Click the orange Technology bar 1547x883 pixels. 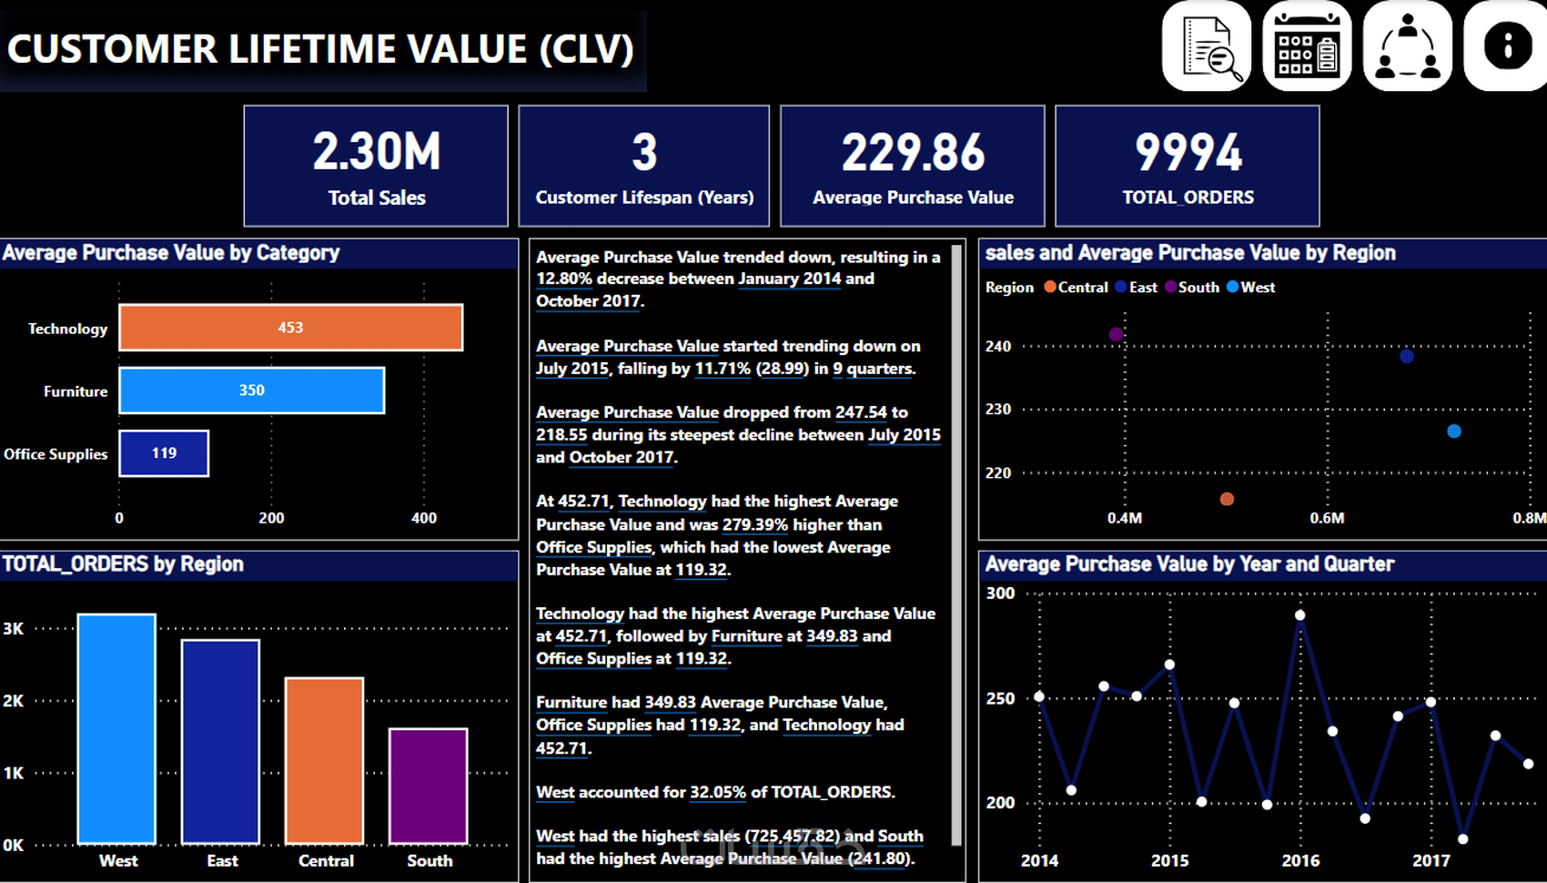click(x=290, y=328)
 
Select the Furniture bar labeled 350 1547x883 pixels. click(x=251, y=391)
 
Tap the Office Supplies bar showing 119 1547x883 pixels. click(x=164, y=453)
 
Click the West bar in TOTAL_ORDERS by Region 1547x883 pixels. click(x=116, y=728)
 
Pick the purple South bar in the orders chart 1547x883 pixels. click(x=428, y=786)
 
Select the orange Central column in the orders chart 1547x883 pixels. click(x=324, y=760)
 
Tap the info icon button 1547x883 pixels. click(x=1507, y=46)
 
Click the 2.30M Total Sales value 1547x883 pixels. click(x=377, y=152)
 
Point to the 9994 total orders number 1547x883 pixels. click(x=1188, y=153)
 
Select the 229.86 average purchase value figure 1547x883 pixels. click(x=913, y=153)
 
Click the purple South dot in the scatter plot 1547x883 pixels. click(x=1117, y=334)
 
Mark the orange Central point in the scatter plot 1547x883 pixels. click(x=1227, y=499)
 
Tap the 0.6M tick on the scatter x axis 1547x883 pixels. click(x=1327, y=518)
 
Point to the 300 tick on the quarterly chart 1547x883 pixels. click(x=1000, y=594)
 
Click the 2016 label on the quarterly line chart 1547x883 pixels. click(x=1300, y=860)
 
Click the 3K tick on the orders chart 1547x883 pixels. click(x=14, y=628)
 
